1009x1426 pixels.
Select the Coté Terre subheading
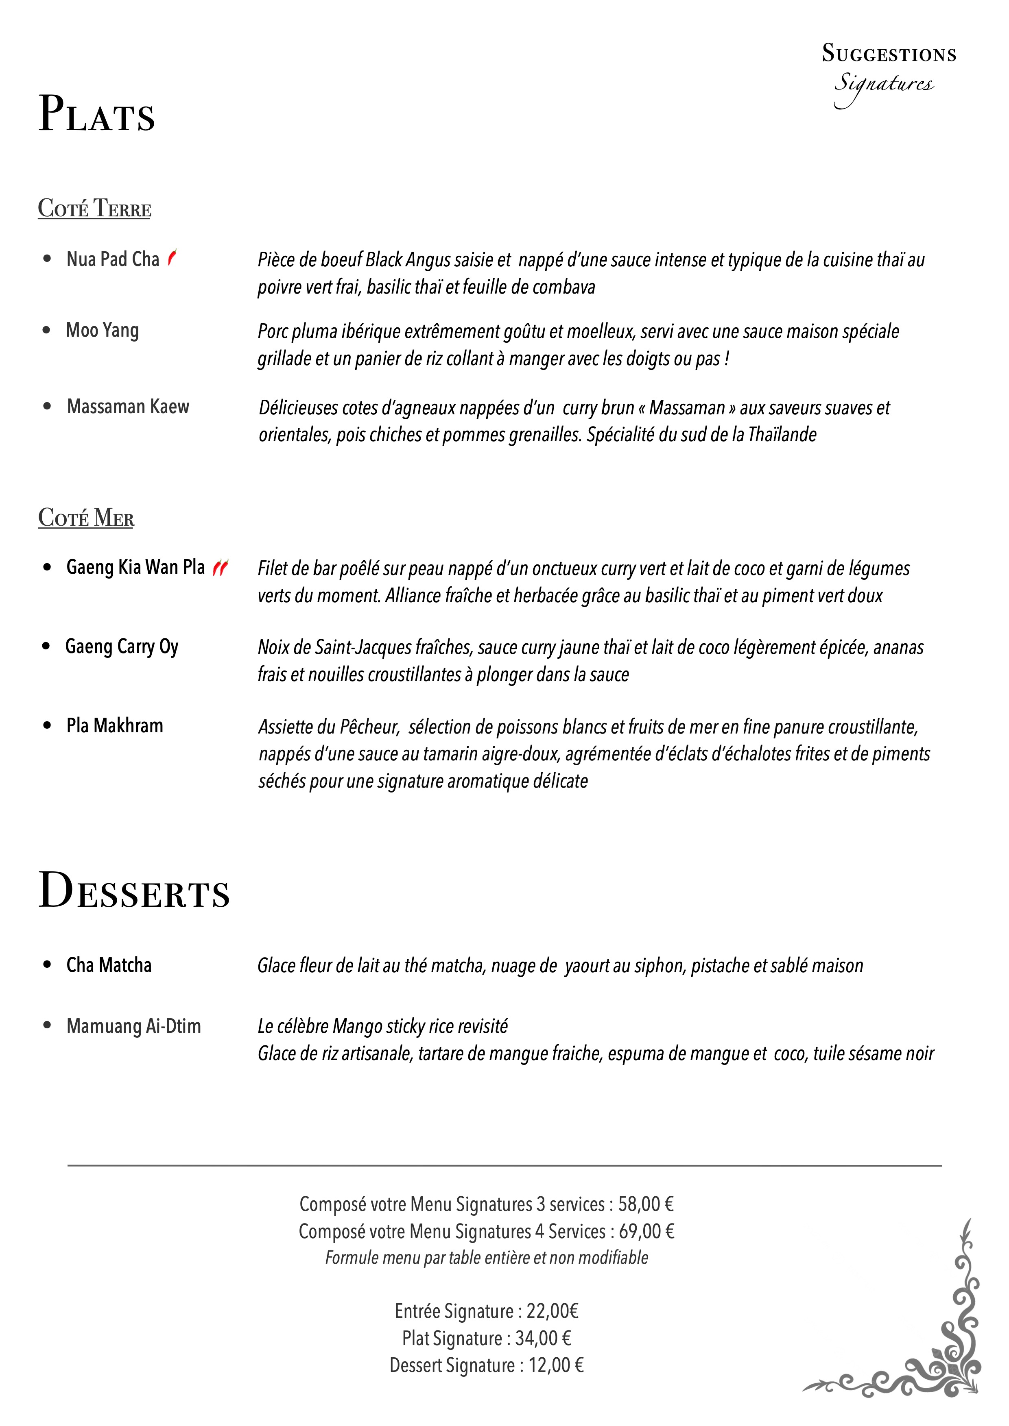pyautogui.click(x=94, y=208)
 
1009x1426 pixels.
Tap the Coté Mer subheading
pyautogui.click(x=86, y=517)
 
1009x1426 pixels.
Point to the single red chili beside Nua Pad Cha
pyautogui.click(x=172, y=257)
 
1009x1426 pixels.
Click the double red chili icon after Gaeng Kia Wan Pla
pyautogui.click(x=221, y=567)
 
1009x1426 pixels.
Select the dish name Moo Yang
pyautogui.click(x=103, y=330)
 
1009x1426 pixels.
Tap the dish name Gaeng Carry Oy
pyautogui.click(x=122, y=647)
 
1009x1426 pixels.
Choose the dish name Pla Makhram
pyautogui.click(x=115, y=725)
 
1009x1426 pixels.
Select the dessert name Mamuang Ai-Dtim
pyautogui.click(x=133, y=1026)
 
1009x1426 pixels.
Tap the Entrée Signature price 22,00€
pyautogui.click(x=553, y=1311)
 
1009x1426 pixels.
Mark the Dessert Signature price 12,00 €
pyautogui.click(x=556, y=1365)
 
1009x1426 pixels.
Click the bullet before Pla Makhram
pyautogui.click(x=47, y=725)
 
